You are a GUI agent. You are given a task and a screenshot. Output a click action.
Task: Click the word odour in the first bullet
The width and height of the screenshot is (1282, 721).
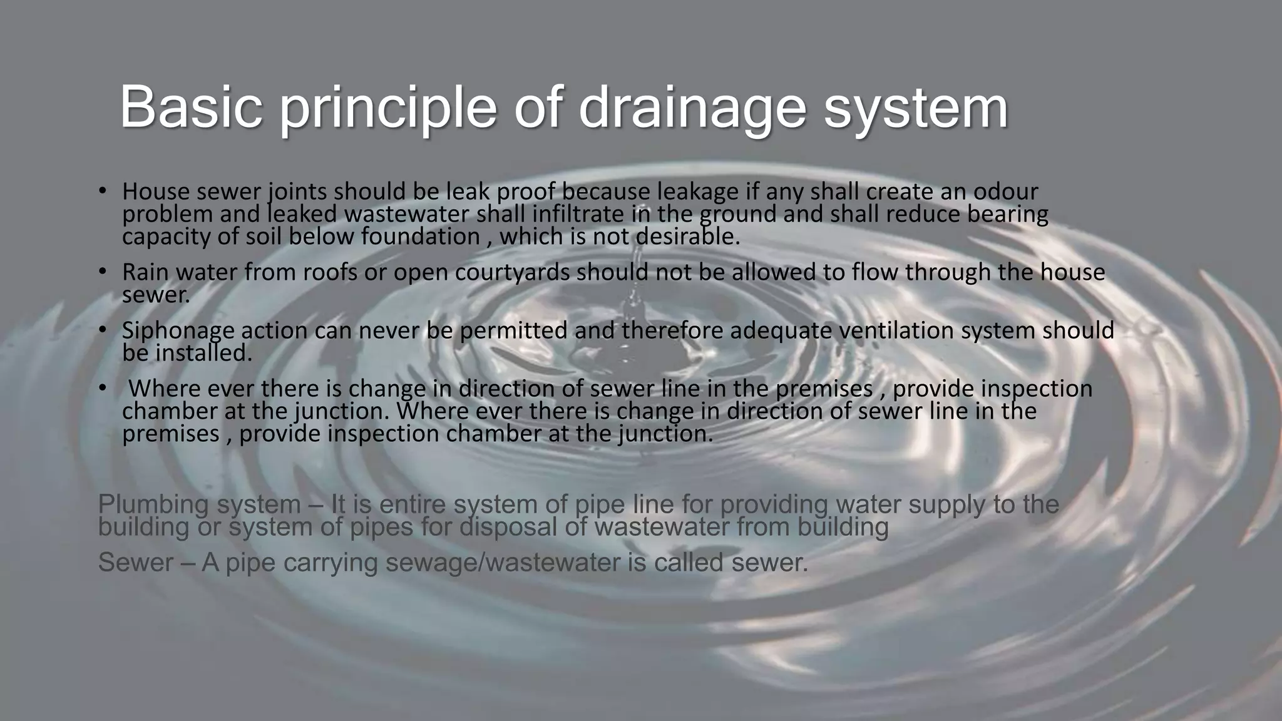(1002, 192)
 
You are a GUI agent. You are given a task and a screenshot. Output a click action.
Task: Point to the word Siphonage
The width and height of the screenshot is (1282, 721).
(178, 331)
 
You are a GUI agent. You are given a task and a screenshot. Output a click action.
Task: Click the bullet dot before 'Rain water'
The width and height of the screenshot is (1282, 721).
(103, 272)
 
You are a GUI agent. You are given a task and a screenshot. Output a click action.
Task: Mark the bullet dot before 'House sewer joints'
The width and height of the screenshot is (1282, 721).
(103, 190)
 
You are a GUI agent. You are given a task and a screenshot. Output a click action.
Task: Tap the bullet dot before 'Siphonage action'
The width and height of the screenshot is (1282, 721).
(103, 330)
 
